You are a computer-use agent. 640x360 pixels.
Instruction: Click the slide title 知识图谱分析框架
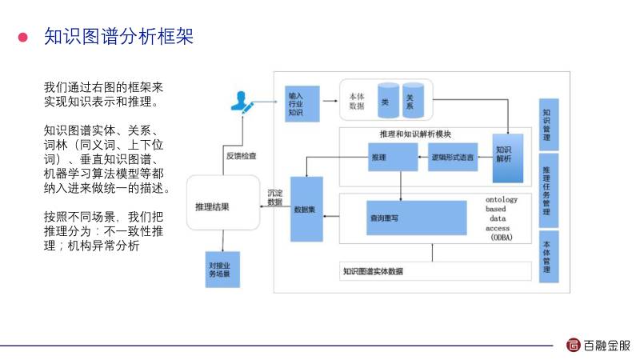119,38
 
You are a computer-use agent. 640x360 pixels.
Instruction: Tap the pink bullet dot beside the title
24,38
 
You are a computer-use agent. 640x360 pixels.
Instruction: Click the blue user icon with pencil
241,102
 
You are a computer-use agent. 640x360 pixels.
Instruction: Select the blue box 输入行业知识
302,102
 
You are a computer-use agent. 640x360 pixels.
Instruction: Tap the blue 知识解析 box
506,153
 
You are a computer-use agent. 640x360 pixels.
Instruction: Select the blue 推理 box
392,157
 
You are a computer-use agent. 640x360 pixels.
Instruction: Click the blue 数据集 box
306,210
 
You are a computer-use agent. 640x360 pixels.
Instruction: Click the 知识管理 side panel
546,124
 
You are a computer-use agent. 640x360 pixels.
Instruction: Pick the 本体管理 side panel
546,257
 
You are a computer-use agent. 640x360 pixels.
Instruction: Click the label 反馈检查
241,154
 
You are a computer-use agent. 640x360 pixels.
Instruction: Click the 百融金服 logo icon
574,346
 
